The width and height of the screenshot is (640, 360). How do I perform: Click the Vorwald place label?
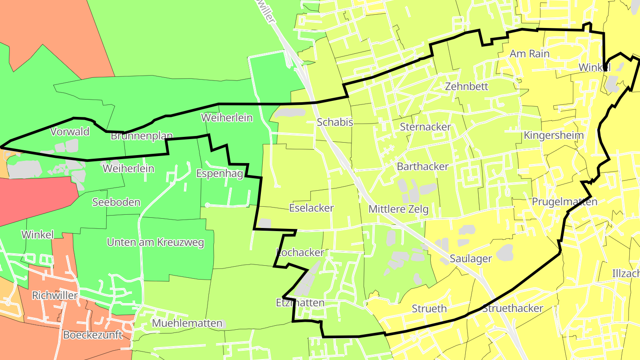[70, 132]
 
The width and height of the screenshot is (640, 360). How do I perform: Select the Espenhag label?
[220, 173]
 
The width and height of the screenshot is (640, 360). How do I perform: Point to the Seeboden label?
[116, 202]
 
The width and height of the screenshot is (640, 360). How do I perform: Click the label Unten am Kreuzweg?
[155, 242]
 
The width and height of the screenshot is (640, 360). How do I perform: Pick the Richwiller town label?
[55, 296]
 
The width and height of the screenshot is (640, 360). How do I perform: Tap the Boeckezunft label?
[92, 335]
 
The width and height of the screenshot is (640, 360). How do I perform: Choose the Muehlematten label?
[187, 323]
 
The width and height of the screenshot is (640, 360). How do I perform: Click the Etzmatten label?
[300, 303]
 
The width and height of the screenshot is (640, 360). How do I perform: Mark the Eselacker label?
[311, 208]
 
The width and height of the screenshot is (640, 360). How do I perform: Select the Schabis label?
[335, 122]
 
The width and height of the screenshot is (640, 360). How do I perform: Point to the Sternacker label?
[425, 127]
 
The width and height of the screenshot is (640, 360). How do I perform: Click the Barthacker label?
[423, 166]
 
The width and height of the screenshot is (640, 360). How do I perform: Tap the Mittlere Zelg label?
[398, 209]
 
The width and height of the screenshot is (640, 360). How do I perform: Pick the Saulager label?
[471, 259]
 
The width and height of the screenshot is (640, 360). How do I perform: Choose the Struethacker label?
[512, 308]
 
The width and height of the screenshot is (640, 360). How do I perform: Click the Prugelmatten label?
[564, 202]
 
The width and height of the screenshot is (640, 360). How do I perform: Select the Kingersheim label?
[553, 135]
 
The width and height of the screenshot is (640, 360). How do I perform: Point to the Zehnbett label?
[467, 86]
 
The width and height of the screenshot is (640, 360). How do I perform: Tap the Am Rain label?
[529, 54]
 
